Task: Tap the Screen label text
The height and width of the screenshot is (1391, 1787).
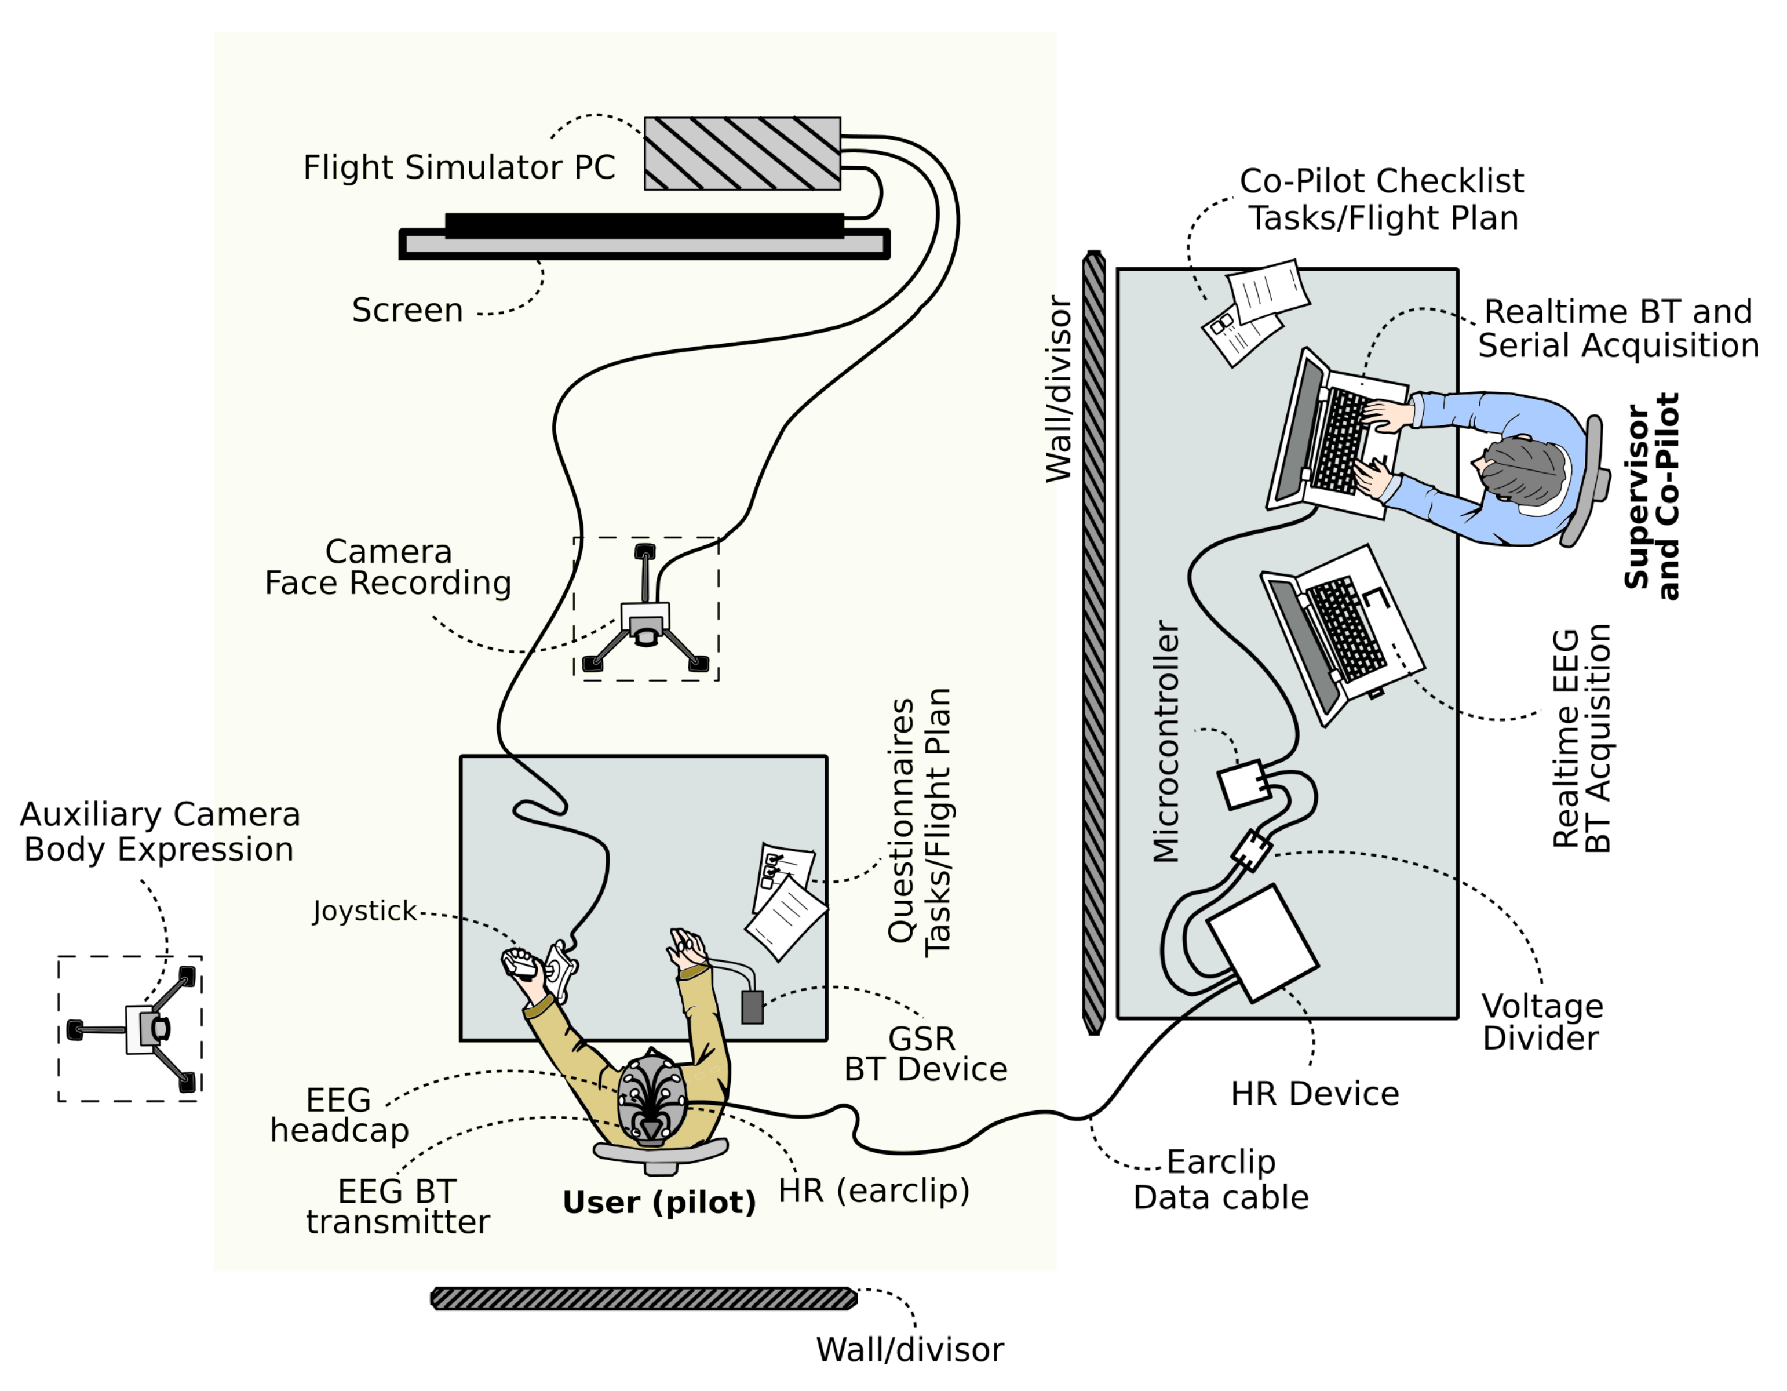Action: [x=407, y=310]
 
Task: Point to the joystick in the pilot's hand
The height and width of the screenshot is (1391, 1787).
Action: [x=524, y=966]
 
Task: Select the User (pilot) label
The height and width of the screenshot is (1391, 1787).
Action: [x=659, y=1202]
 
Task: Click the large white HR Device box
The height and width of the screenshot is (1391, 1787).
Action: [x=1261, y=942]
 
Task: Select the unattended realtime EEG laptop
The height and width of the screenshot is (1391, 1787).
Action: [x=1342, y=634]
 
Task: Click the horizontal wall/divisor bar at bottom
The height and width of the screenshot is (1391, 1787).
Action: [x=644, y=1298]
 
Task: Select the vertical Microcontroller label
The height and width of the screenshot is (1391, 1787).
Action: [x=1165, y=741]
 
